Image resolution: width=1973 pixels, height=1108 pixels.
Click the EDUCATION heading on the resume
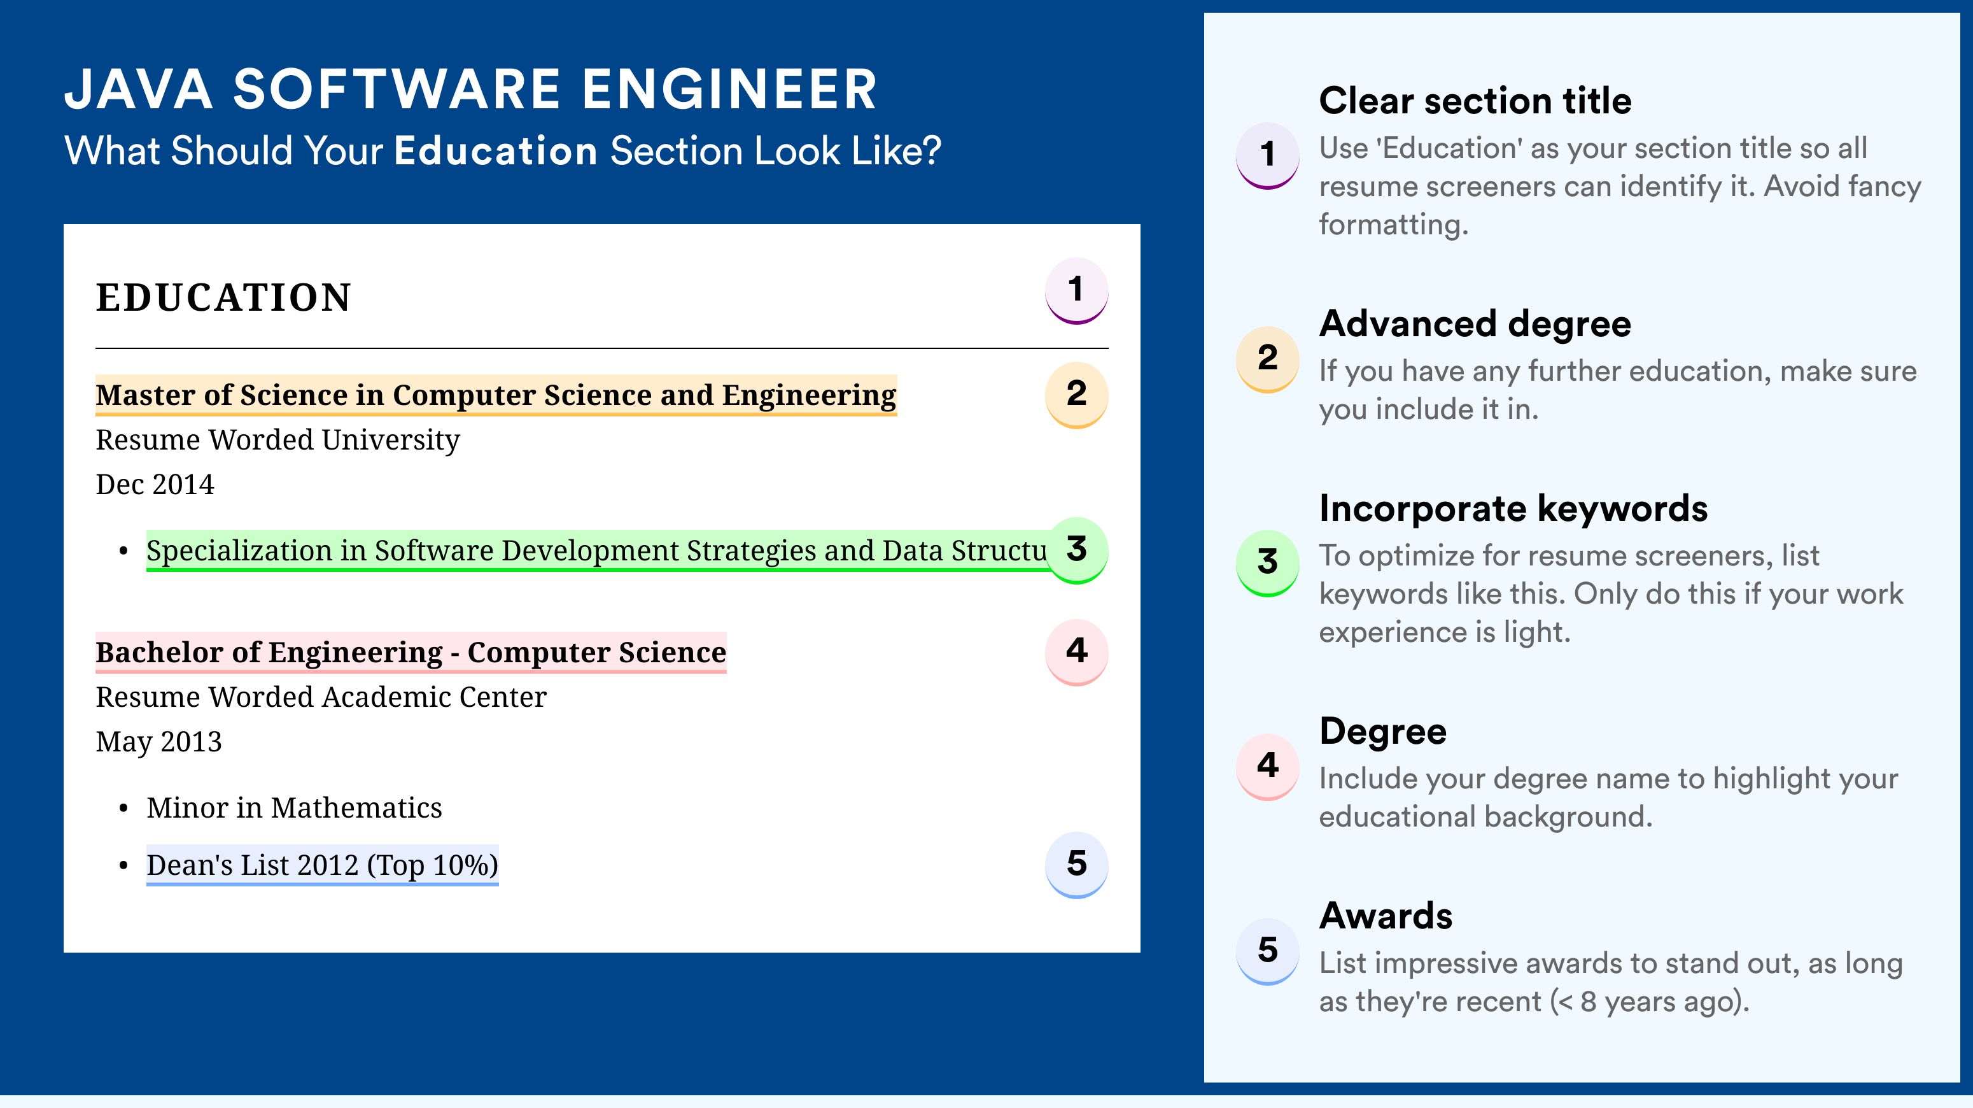point(223,297)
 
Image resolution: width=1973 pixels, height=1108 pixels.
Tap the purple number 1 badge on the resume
point(1076,290)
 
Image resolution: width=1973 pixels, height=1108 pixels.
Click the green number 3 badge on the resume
point(1076,550)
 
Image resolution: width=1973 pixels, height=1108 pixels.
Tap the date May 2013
point(158,742)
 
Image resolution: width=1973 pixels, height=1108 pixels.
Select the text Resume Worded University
point(277,441)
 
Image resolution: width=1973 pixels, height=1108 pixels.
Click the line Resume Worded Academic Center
point(321,697)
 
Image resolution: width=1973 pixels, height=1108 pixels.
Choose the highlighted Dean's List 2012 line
point(323,865)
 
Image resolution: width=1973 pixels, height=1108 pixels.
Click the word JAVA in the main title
point(139,90)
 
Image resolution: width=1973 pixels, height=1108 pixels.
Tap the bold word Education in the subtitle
point(496,150)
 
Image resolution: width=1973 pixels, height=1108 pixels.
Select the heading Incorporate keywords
point(1513,508)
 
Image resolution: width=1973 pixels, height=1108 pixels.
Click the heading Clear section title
point(1475,101)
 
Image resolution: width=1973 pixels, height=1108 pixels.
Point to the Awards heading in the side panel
point(1386,916)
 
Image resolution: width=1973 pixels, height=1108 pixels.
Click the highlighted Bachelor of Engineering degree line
point(411,653)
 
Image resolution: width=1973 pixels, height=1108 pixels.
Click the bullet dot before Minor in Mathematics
point(123,809)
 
